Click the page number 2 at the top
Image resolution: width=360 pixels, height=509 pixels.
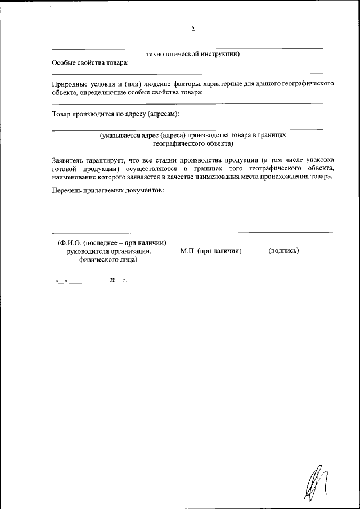pos(193,30)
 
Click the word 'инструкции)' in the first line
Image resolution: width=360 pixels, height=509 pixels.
pos(220,55)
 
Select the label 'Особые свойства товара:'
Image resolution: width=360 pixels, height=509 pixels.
pos(90,62)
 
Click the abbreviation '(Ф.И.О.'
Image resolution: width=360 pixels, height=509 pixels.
pos(69,242)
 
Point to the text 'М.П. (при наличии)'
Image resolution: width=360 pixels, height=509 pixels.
pos(211,251)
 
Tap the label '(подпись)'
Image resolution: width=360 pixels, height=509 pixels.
pos(283,251)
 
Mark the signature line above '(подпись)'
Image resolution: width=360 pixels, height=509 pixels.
pos(285,232)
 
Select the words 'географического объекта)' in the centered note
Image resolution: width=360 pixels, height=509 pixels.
pos(193,143)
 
